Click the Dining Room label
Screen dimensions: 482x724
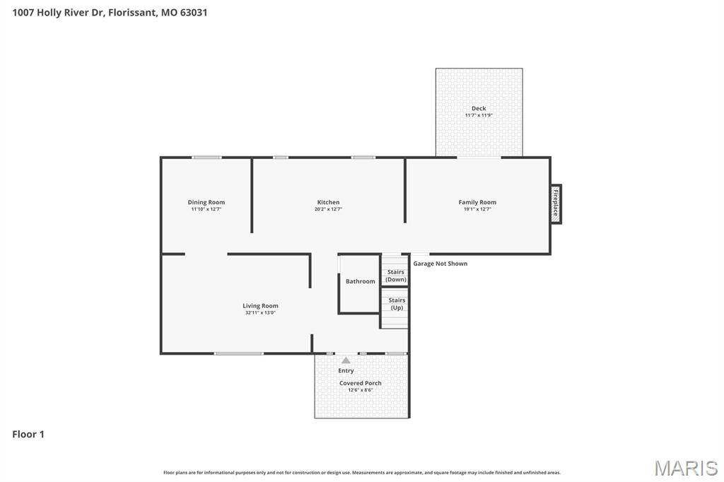tap(206, 202)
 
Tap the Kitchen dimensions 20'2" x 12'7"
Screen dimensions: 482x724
tap(328, 209)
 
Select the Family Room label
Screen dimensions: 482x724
tap(477, 202)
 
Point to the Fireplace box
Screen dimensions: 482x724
tap(556, 203)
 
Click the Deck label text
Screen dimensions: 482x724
tap(479, 108)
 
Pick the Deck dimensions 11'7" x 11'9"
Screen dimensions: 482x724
tap(479, 115)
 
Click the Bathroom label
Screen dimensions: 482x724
tap(361, 281)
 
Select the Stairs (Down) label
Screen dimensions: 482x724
tap(396, 276)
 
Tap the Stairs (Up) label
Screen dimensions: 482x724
tap(397, 304)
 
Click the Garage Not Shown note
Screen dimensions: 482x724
tap(440, 264)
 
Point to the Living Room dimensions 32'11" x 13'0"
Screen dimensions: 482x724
tap(260, 312)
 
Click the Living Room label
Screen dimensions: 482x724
tap(260, 306)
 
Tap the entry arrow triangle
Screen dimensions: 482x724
tap(346, 360)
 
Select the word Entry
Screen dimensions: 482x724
tap(346, 370)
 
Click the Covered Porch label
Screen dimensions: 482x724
tap(360, 383)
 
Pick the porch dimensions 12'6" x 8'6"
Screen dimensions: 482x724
tap(360, 390)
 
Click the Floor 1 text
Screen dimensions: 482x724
tap(28, 434)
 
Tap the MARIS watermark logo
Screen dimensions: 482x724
tap(685, 468)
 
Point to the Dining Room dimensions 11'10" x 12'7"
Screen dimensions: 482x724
tap(206, 209)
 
